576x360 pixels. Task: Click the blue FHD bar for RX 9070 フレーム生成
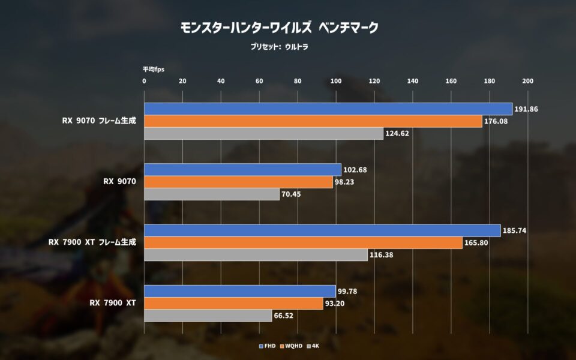tap(328, 109)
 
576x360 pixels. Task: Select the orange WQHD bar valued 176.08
tap(313, 121)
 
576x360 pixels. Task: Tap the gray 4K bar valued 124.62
tap(264, 133)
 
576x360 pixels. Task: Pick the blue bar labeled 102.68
tap(242, 170)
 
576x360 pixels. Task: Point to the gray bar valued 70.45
tap(212, 194)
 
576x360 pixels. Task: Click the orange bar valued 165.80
tap(303, 243)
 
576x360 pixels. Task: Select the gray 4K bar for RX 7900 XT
tap(208, 316)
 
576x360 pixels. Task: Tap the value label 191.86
tap(526, 109)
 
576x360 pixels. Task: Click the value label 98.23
tap(344, 182)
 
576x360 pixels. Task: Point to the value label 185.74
tap(514, 230)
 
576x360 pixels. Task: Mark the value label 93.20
tap(335, 304)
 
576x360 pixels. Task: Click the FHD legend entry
tap(267, 346)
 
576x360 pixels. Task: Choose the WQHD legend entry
tap(292, 346)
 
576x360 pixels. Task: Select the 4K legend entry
tap(313, 346)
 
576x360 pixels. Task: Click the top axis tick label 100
tap(336, 81)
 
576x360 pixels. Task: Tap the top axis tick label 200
tap(528, 81)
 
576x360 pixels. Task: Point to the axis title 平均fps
tap(154, 69)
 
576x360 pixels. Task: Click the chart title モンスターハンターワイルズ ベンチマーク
tap(279, 28)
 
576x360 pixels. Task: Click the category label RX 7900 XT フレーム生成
tap(92, 242)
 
